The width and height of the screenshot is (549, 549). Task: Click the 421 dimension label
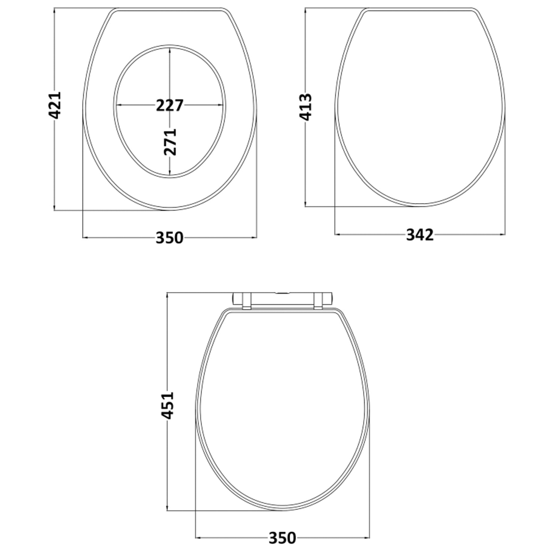click(x=54, y=105)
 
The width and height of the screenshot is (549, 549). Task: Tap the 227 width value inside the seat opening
click(x=170, y=105)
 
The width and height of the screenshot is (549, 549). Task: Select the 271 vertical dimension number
click(x=170, y=142)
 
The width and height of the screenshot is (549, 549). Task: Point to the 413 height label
click(x=305, y=107)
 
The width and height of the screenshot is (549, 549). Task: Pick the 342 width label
click(x=420, y=235)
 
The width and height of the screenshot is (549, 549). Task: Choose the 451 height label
click(x=167, y=405)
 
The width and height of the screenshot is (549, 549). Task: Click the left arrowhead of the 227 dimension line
click(x=119, y=105)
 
